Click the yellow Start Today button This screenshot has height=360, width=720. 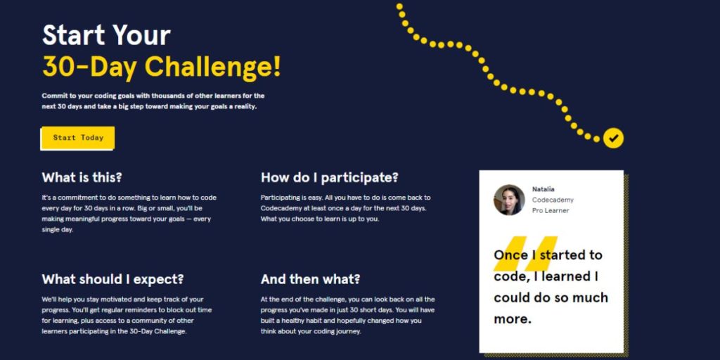click(x=78, y=138)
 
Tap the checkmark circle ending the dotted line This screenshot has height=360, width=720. click(x=613, y=138)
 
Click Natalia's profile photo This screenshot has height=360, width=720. click(x=509, y=200)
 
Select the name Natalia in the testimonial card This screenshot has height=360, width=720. click(x=543, y=189)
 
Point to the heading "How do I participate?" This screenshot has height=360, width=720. click(x=330, y=177)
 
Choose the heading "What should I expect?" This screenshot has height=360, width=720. click(x=112, y=279)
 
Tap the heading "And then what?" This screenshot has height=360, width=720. click(x=310, y=279)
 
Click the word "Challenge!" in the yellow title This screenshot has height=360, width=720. click(x=213, y=67)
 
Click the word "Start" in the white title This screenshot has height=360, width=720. click(x=74, y=35)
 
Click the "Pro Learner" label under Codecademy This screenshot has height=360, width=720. click(x=551, y=210)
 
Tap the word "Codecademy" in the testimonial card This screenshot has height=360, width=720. click(x=553, y=200)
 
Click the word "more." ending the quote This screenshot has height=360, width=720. click(x=513, y=319)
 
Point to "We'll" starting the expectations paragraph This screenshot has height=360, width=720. click(x=51, y=299)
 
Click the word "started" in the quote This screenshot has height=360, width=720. click(x=565, y=255)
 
